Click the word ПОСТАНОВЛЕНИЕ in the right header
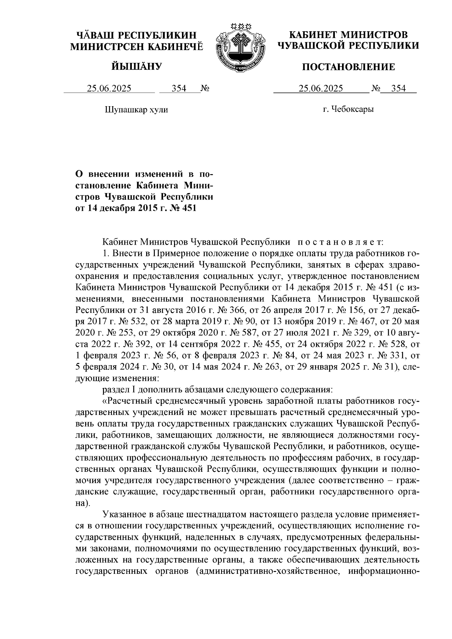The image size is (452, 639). click(x=349, y=67)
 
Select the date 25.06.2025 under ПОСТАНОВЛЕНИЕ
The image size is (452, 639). click(x=321, y=88)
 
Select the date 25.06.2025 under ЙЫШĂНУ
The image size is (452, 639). click(x=109, y=88)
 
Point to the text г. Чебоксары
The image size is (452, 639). click(x=348, y=110)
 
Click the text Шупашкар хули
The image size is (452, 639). click(x=136, y=110)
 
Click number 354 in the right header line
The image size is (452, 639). click(x=399, y=88)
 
